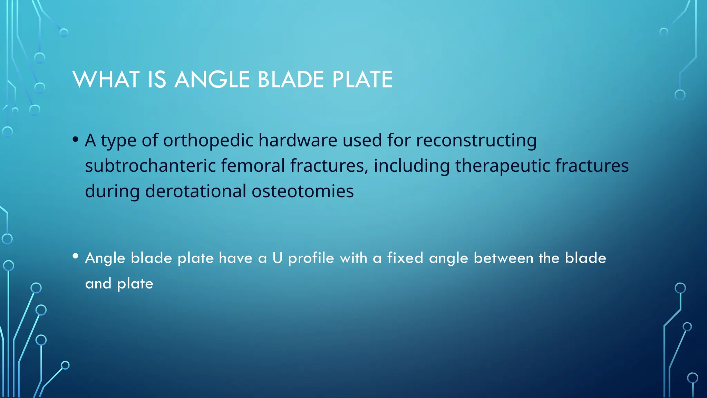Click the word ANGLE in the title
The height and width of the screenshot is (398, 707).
click(x=212, y=79)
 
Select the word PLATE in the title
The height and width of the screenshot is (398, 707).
click(x=362, y=79)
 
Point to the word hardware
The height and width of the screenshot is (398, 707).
click(x=298, y=141)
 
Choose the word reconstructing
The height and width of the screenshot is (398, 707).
click(x=476, y=141)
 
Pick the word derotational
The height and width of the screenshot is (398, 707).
click(x=195, y=191)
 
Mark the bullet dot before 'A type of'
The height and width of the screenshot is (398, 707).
click(x=76, y=140)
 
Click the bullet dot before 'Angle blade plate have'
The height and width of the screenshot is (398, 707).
click(x=76, y=256)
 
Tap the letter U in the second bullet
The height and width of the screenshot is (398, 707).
click(x=277, y=258)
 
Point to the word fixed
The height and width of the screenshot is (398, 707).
click(x=405, y=258)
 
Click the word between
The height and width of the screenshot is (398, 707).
click(x=503, y=258)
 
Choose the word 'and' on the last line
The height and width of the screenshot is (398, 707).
click(x=98, y=284)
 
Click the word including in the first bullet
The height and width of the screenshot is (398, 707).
click(x=411, y=165)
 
